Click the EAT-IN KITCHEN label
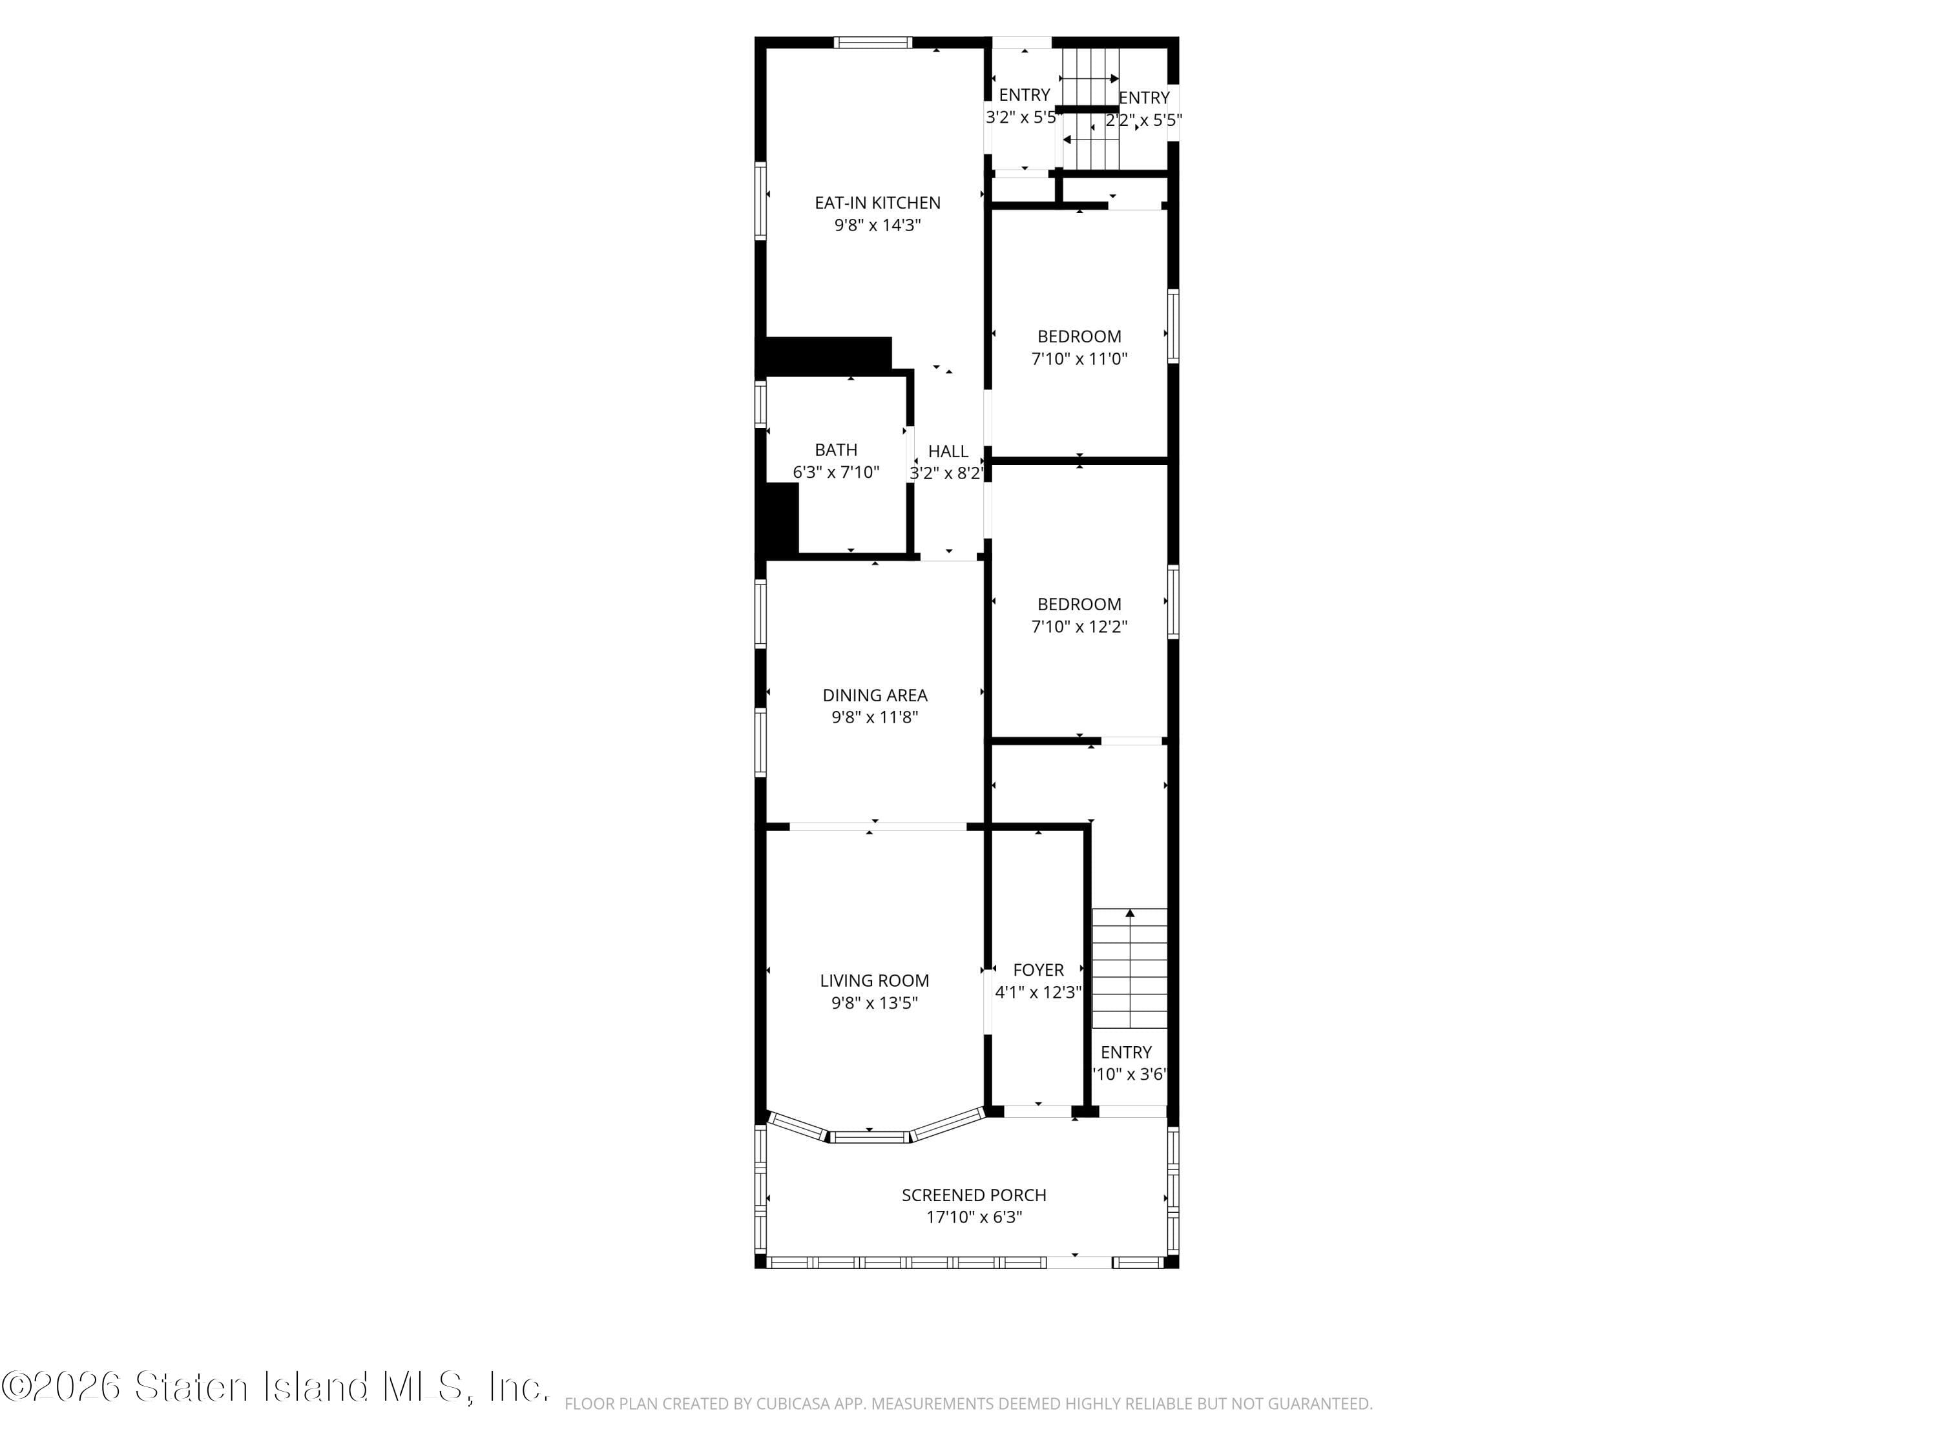(877, 202)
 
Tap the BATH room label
(836, 449)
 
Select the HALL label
(948, 451)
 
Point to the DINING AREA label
(875, 694)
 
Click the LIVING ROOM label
(875, 980)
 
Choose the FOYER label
(1038, 969)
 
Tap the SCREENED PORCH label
(974, 1195)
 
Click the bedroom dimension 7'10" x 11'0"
(1079, 358)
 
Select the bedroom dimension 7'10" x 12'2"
(1079, 626)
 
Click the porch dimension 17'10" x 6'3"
(974, 1217)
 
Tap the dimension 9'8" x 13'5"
(875, 1003)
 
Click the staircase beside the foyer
(1129, 968)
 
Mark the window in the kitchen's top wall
(873, 42)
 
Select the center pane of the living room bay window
(870, 1137)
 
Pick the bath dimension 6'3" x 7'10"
(836, 472)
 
